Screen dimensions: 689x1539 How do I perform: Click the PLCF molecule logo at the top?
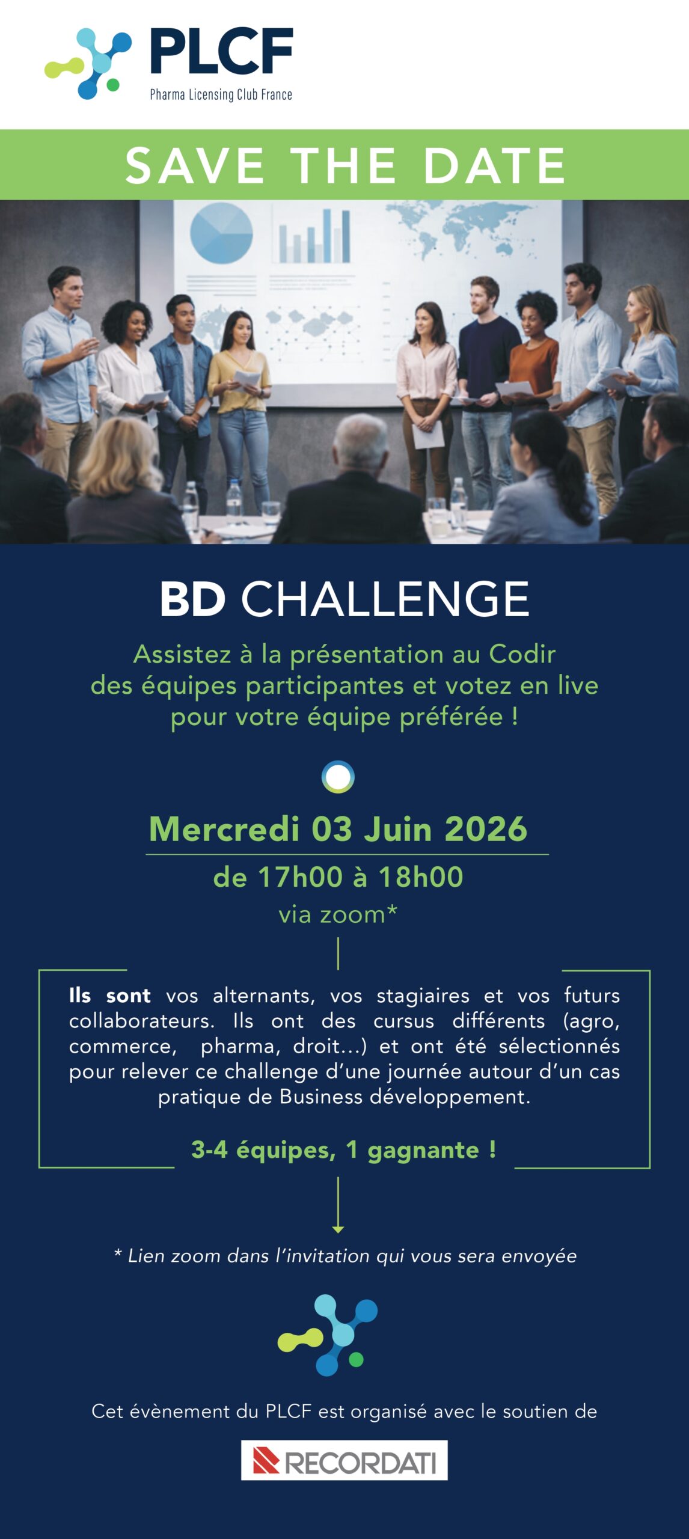coord(88,64)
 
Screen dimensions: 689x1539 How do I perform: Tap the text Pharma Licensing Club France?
coord(221,94)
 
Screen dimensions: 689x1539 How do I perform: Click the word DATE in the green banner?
coord(494,165)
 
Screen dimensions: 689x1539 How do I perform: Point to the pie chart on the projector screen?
coord(221,233)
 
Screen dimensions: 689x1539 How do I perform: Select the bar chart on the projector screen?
coord(313,235)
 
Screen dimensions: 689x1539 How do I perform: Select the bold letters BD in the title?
coord(192,599)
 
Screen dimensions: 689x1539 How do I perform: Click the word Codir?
coord(522,654)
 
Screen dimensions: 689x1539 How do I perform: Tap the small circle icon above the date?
coord(338,777)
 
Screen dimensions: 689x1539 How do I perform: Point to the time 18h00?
coord(421,877)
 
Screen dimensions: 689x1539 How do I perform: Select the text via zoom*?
coord(338,914)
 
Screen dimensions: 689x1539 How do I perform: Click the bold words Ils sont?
coord(109,996)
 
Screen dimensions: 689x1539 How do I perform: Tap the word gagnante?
coord(423,1150)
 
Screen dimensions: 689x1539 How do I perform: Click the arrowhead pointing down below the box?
coord(338,1229)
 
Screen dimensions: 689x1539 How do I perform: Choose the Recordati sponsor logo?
coord(344,1460)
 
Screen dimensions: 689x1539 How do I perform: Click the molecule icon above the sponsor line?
coord(328,1335)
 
